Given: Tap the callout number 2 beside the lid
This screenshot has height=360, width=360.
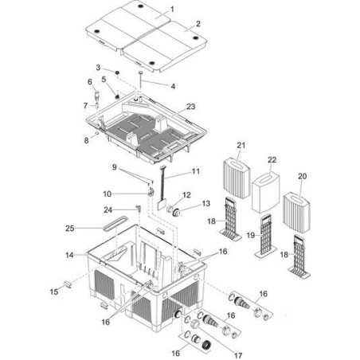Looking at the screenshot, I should click(198, 24).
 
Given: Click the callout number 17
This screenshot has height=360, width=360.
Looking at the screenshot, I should click(213, 345).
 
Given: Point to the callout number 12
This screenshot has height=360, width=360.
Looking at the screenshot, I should click(185, 194).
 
